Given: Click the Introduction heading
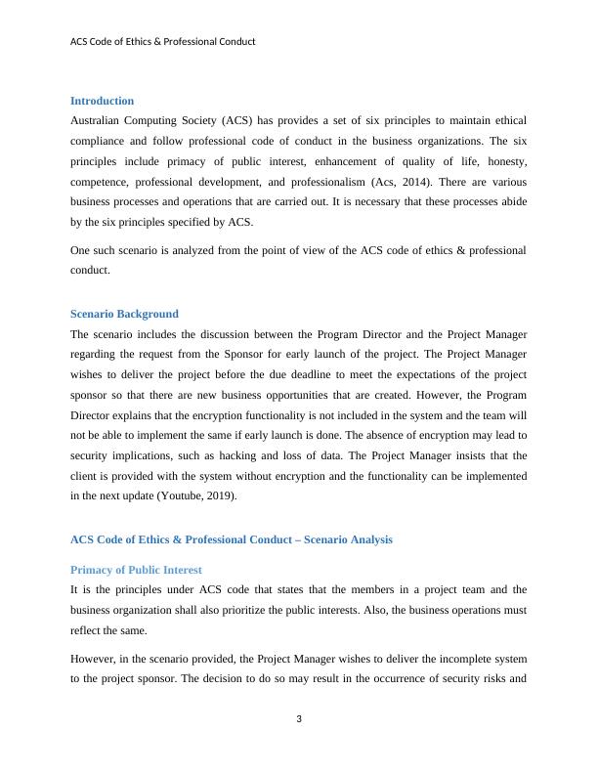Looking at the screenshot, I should coord(102,101).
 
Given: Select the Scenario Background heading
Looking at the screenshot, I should coord(124,314).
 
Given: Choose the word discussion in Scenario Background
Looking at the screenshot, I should coord(217,333).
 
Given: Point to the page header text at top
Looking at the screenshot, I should coord(163,42).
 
